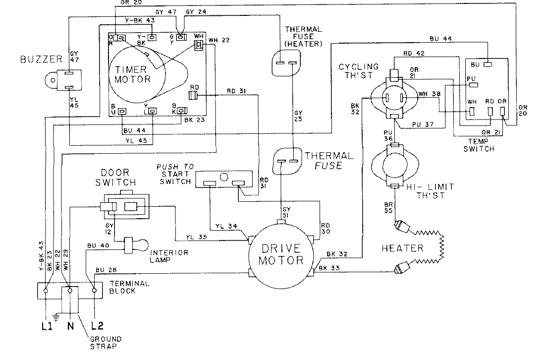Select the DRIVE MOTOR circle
click(281, 252)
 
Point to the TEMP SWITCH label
click(478, 145)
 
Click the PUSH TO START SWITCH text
click(174, 174)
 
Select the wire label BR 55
click(389, 207)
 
